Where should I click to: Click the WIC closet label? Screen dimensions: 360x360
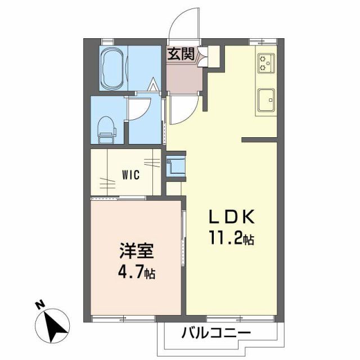point(131,174)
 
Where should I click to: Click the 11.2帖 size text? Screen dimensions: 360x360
point(232,239)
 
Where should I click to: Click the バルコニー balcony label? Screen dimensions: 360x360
point(216,332)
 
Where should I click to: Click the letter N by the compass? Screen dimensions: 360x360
point(39,305)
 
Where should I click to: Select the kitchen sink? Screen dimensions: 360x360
point(265,100)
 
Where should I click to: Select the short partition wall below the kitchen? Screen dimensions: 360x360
point(259,139)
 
